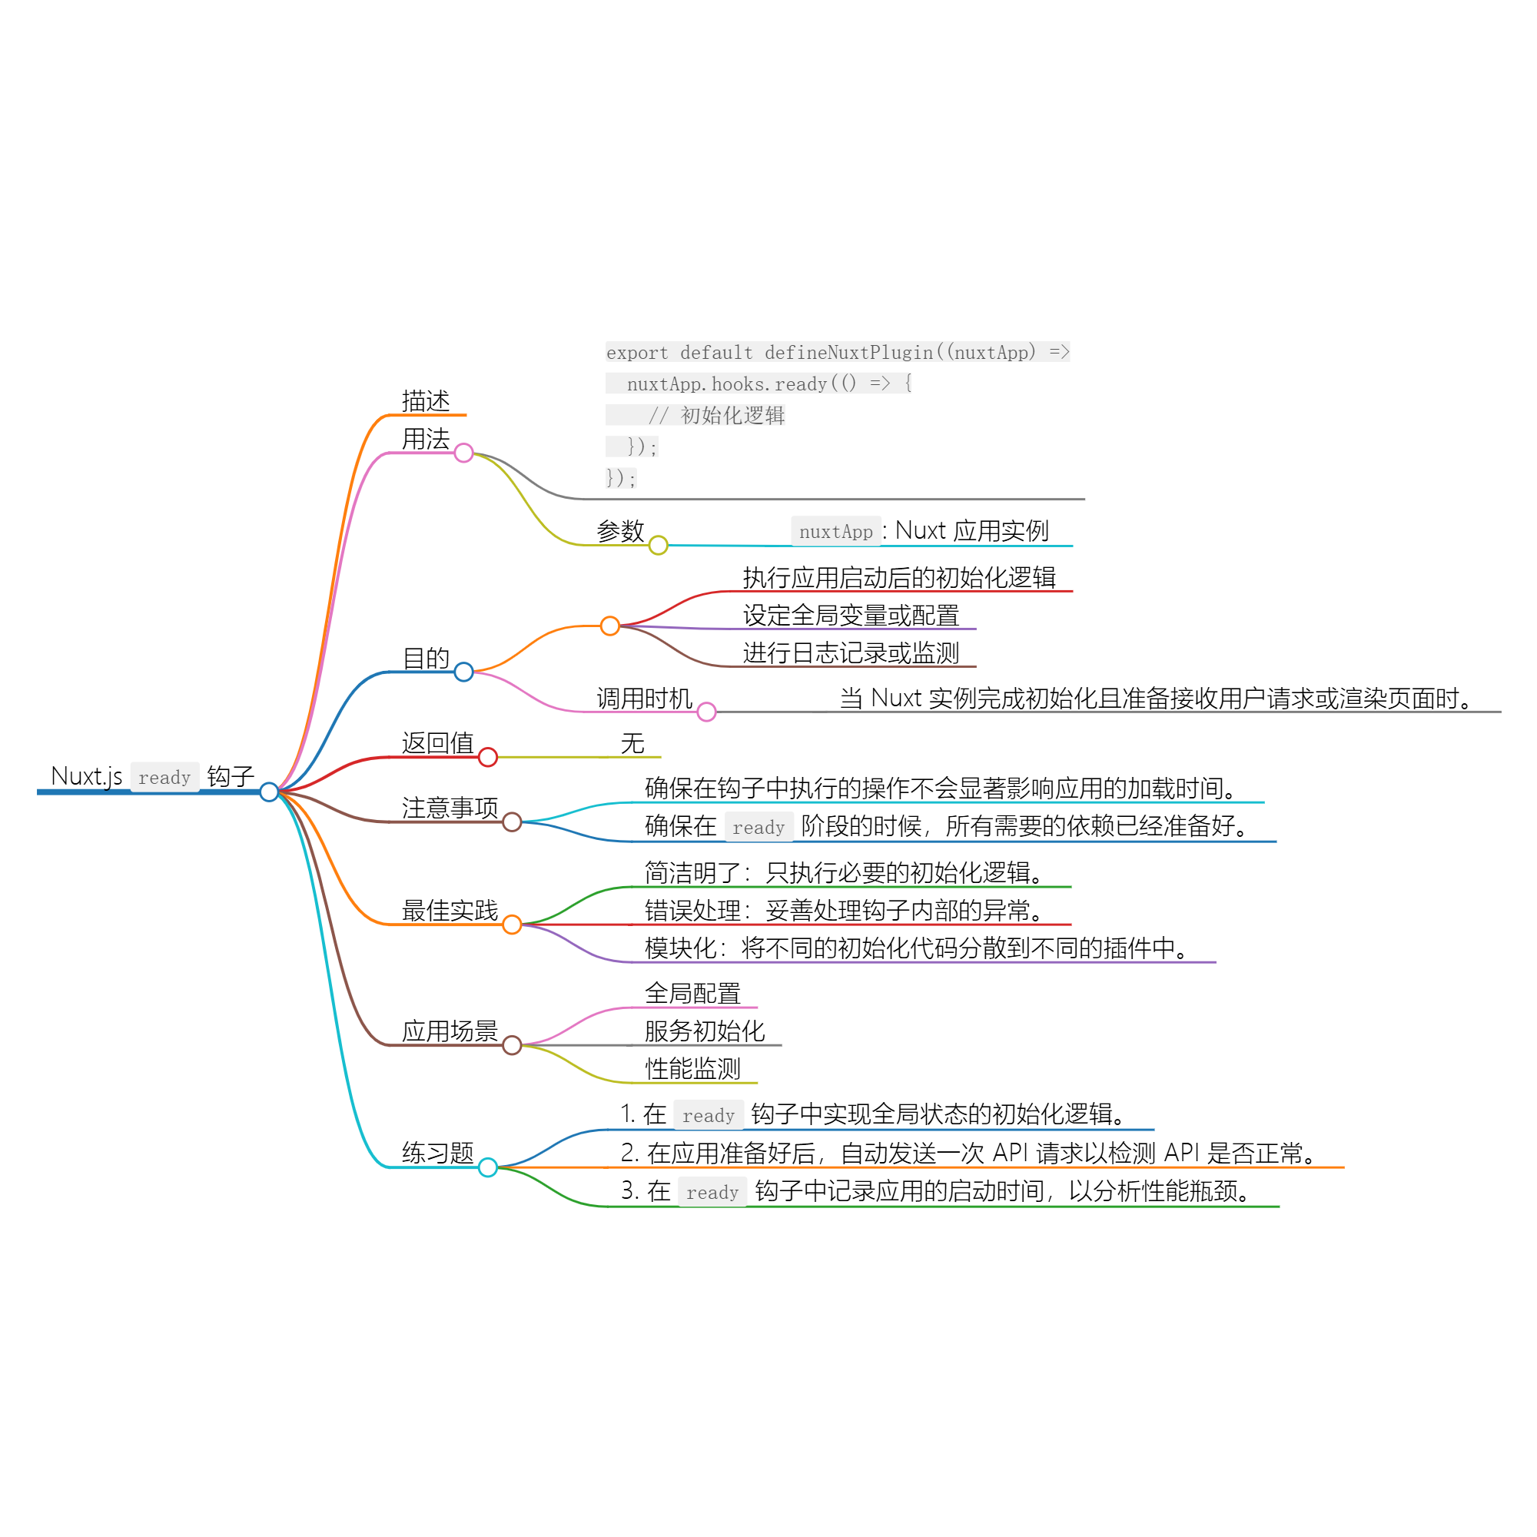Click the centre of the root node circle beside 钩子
(x=269, y=792)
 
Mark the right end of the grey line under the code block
(x=1084, y=499)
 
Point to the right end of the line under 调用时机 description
(x=1500, y=711)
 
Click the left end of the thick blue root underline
(x=38, y=792)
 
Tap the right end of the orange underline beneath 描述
(x=466, y=414)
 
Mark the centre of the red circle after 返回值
(x=488, y=756)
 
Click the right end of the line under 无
(x=660, y=756)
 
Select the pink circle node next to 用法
(x=464, y=453)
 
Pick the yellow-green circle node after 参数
(x=658, y=545)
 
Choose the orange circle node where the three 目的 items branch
(x=609, y=626)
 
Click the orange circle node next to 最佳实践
(x=512, y=924)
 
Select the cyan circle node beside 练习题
(x=488, y=1167)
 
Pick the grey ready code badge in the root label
(x=164, y=776)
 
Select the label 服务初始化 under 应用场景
(x=705, y=1031)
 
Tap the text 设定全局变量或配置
(x=851, y=615)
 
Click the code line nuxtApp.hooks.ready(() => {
(x=768, y=383)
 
